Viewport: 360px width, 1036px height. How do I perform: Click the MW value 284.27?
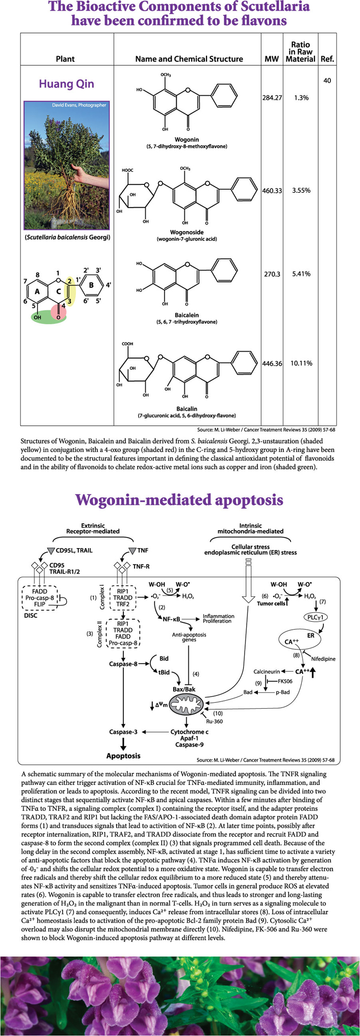coord(272,98)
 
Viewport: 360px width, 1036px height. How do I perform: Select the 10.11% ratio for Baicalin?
coord(301,363)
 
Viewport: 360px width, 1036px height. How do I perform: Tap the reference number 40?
coord(327,81)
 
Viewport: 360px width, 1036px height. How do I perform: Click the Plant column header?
coord(65,59)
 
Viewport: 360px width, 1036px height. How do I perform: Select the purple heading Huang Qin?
coord(66,84)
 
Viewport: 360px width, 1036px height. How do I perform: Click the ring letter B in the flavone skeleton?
coord(91,284)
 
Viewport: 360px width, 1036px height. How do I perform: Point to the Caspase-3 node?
coord(123,731)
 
